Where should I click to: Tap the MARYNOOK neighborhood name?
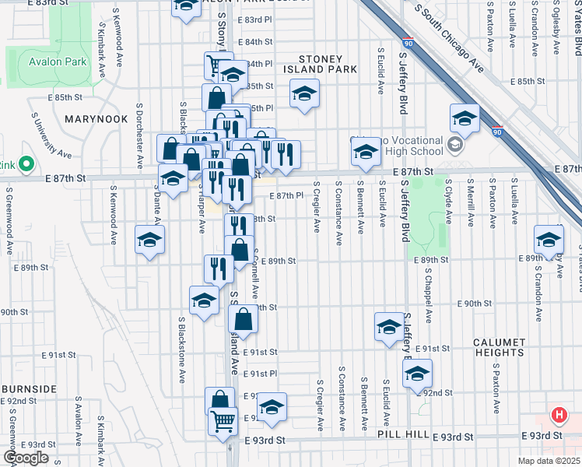(x=96, y=119)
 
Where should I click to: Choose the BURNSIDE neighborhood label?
(x=29, y=388)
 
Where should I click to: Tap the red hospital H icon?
(x=559, y=415)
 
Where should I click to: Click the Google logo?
(x=26, y=458)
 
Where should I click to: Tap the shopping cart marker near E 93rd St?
(x=223, y=421)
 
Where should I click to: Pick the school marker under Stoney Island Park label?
(x=305, y=95)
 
